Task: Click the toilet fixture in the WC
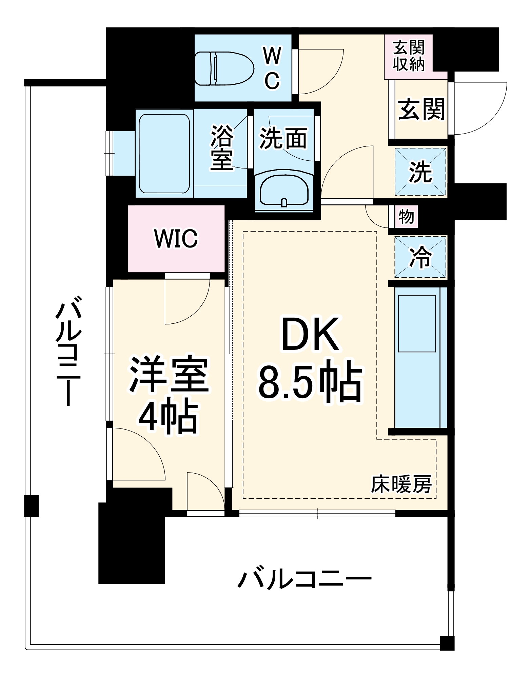point(224,68)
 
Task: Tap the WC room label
point(272,68)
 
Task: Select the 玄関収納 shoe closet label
point(409,56)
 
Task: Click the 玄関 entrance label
point(421,109)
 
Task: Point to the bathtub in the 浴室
point(164,154)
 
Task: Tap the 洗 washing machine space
point(420,172)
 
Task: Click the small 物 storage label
point(406,216)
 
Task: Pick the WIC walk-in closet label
point(176,238)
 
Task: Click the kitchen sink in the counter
point(417,323)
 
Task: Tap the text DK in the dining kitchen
point(310,334)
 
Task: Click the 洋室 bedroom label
point(169,374)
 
